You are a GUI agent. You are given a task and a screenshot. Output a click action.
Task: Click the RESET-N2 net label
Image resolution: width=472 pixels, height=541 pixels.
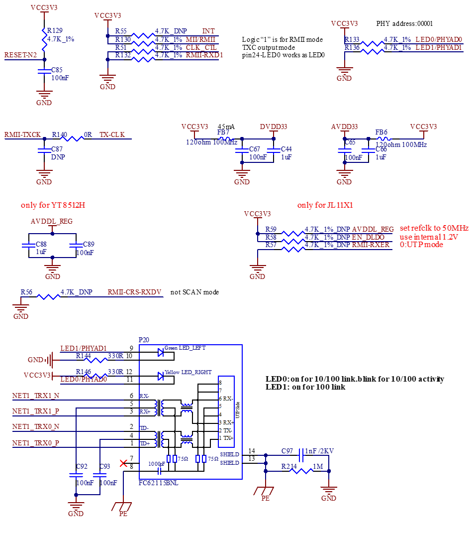(20, 55)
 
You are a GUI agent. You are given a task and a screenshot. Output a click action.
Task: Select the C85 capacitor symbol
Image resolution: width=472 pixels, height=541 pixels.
(44, 73)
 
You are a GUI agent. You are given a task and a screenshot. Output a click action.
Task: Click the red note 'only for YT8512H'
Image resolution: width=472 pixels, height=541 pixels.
(53, 205)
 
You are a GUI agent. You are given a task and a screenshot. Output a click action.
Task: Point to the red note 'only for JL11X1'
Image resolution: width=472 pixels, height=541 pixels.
(325, 205)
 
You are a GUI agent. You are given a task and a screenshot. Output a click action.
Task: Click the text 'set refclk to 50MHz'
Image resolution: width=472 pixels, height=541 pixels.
(434, 228)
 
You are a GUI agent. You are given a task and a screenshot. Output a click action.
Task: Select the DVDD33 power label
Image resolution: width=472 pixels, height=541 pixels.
(274, 127)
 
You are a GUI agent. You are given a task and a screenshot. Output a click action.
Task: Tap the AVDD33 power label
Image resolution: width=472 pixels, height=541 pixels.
(345, 127)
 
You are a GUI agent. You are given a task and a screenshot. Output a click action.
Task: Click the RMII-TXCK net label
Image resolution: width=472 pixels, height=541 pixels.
(22, 135)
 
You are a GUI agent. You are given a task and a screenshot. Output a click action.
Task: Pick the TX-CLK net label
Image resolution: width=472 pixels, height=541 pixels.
(112, 135)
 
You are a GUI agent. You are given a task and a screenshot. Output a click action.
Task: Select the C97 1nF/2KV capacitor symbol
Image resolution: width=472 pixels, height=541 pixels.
(300, 455)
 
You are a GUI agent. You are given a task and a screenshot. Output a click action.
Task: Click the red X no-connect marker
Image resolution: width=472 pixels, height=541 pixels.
(124, 463)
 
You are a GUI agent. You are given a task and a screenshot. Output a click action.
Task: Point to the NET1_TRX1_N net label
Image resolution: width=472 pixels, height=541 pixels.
(36, 396)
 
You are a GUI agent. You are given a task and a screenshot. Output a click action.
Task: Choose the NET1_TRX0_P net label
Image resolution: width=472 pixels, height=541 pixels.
(36, 443)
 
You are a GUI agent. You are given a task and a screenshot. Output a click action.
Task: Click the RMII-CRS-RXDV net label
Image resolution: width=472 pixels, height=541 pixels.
(134, 292)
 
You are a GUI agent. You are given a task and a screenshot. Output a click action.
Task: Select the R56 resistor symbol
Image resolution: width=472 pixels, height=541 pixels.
(48, 296)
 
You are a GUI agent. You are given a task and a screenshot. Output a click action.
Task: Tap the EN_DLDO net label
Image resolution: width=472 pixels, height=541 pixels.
(368, 237)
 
